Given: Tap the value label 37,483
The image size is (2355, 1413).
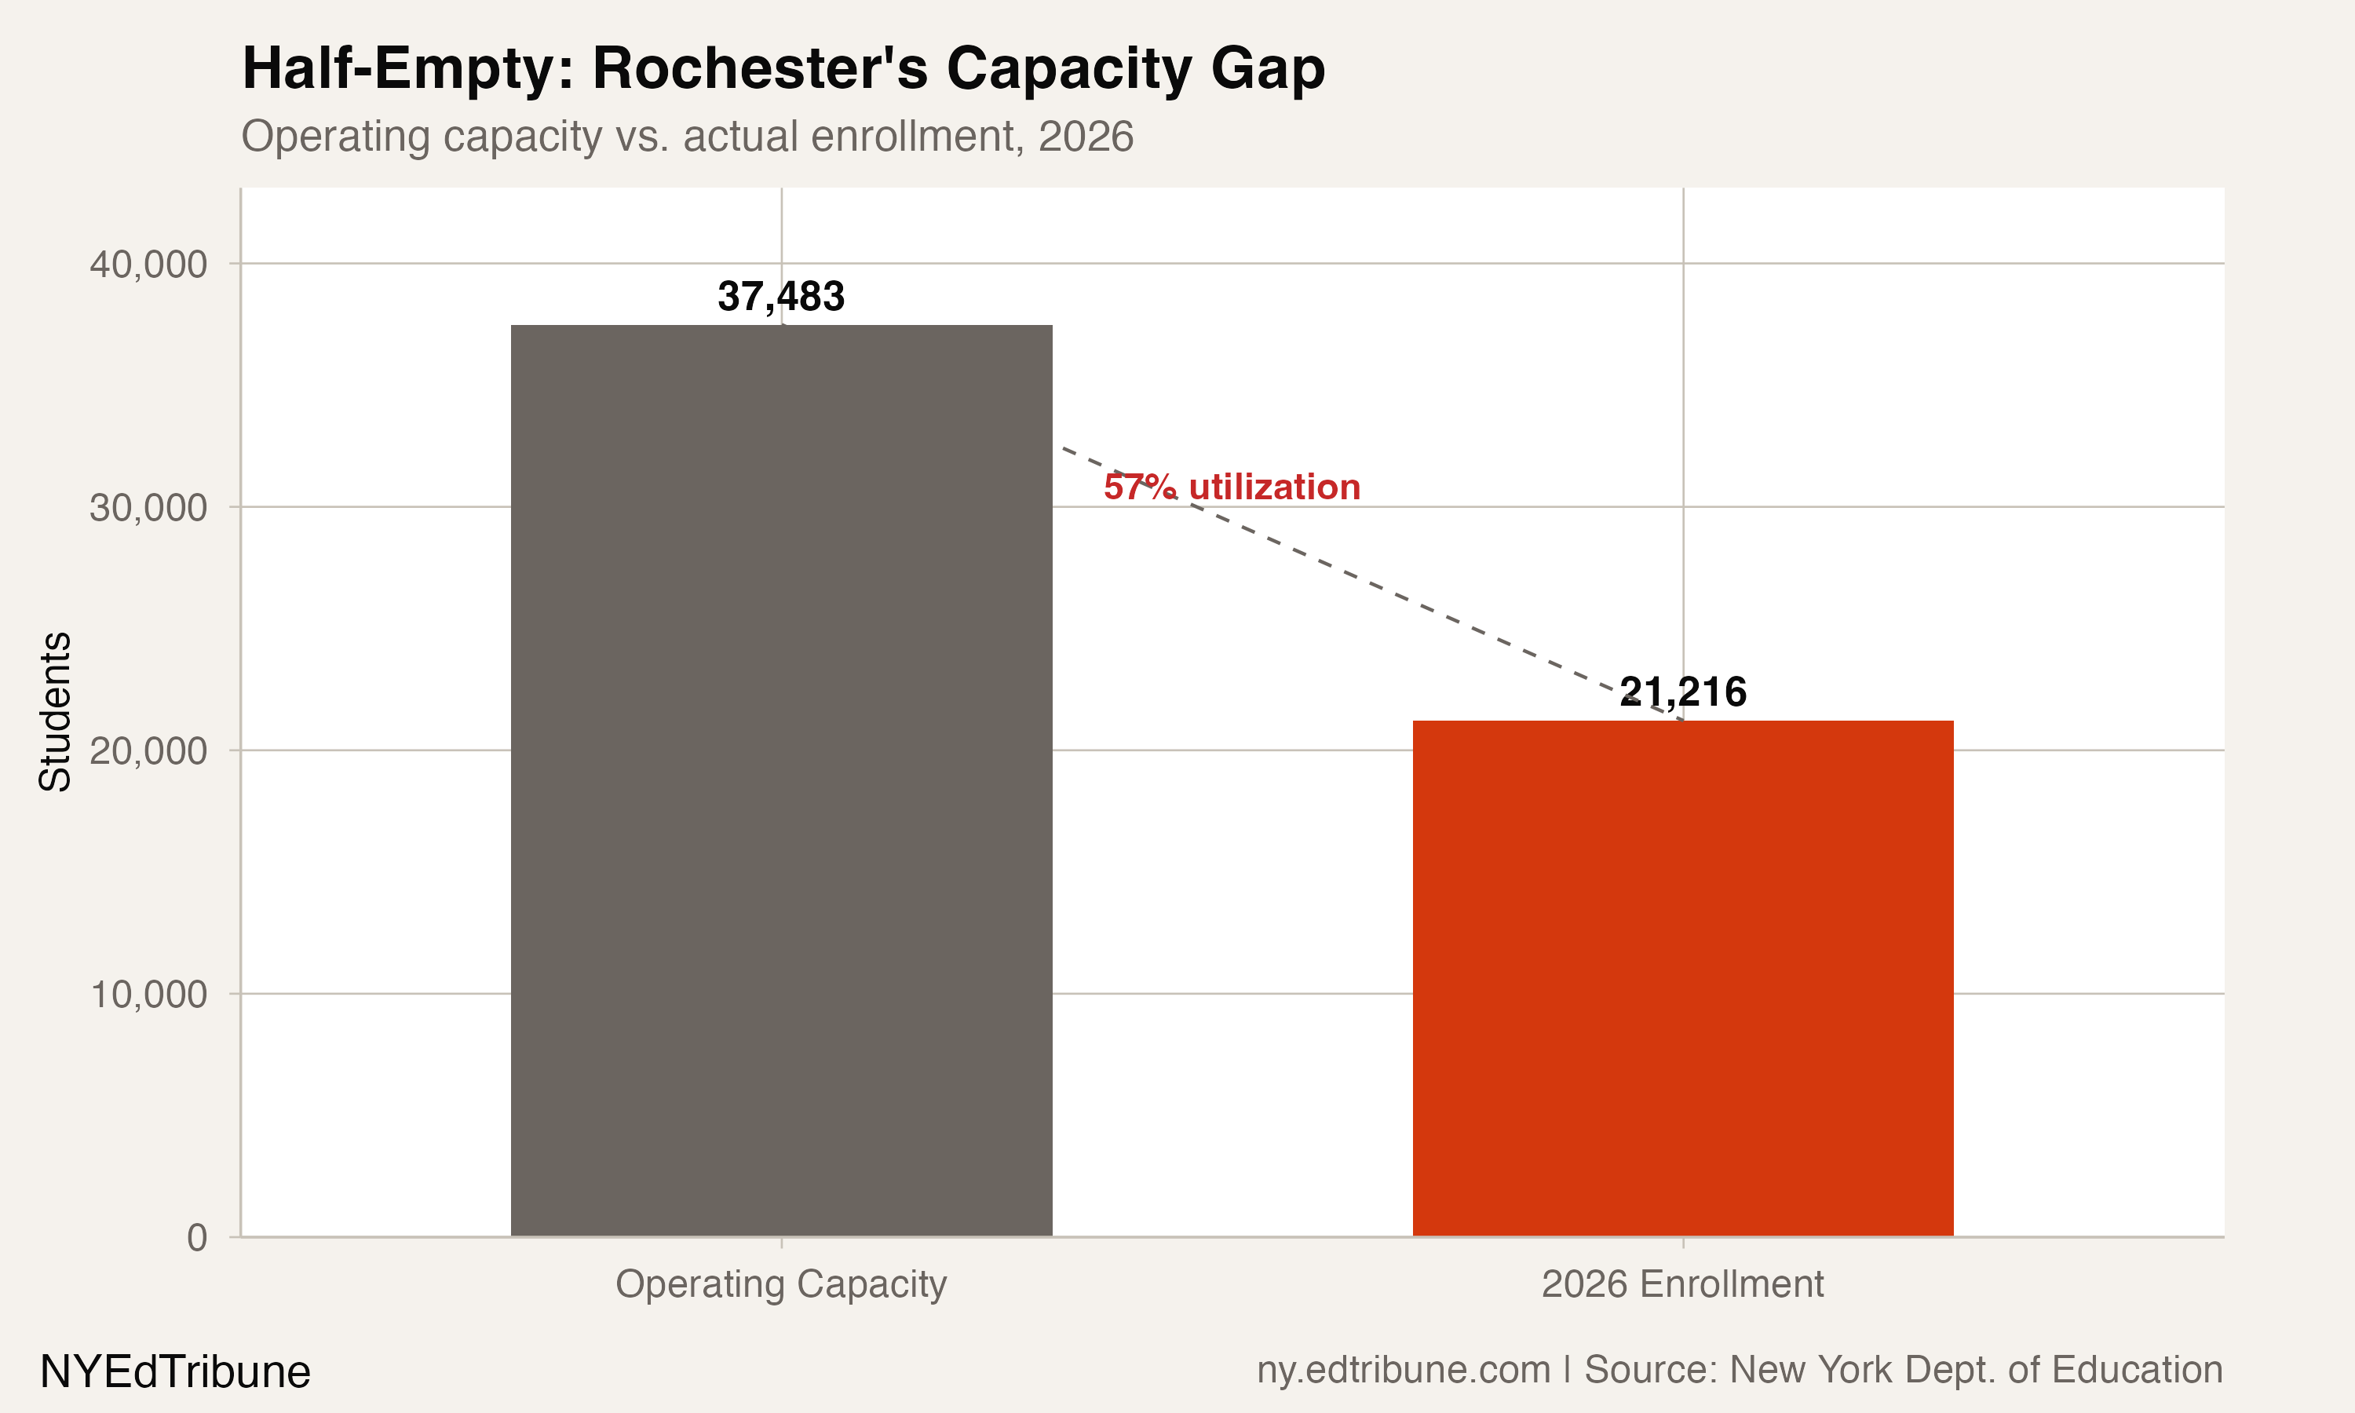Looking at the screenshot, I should (x=780, y=296).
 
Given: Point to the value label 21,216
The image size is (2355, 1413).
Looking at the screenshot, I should (x=1682, y=692).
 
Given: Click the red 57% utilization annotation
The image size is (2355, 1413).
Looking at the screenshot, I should (x=1232, y=487).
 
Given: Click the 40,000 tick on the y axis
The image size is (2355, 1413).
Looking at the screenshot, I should (x=148, y=265).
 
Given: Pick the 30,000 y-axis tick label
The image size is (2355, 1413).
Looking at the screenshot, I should (x=148, y=507).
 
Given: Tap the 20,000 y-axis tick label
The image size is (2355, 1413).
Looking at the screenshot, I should (x=148, y=751).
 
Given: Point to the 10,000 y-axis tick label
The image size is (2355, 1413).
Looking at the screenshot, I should (x=148, y=994).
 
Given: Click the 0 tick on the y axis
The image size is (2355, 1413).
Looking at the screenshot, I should (x=196, y=1238).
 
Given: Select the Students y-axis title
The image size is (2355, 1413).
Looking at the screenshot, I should (x=55, y=711).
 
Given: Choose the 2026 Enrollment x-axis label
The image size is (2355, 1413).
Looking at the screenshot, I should (x=1682, y=1283).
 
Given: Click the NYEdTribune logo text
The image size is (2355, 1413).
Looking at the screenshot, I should (x=175, y=1372).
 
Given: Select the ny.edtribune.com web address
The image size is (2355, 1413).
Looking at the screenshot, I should (x=1403, y=1369).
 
